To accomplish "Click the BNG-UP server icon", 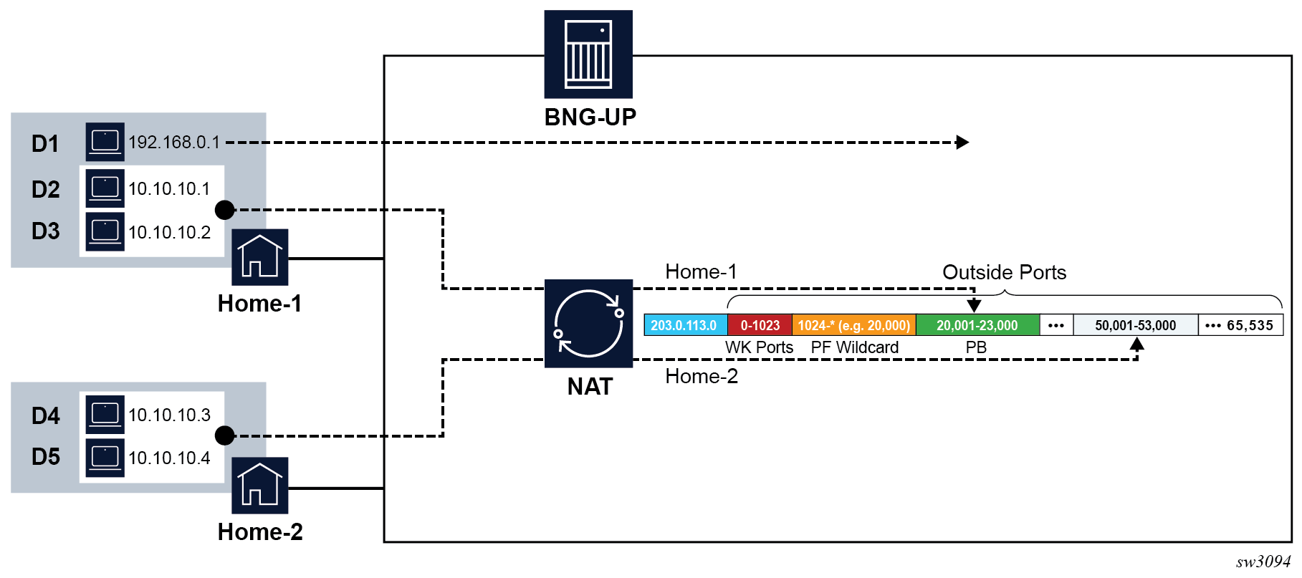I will (588, 54).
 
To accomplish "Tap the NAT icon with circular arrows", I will (588, 323).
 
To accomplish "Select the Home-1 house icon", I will (259, 257).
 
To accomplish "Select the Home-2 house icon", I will (259, 485).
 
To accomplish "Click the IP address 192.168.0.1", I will (174, 143).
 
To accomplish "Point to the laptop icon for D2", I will (105, 188).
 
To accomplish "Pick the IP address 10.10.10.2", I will (170, 232).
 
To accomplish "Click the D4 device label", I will (45, 415).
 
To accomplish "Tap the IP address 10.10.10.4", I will (170, 458).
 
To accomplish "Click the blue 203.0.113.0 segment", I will (684, 325).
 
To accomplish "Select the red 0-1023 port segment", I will (760, 325).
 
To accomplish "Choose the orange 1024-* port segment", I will (853, 325).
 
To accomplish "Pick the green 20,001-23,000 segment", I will (977, 325).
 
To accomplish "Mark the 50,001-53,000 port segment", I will (1135, 325).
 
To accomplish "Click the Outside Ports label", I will (1004, 272).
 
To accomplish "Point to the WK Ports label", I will (759, 347).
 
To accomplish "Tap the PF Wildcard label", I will (854, 347).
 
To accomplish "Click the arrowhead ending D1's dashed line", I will (963, 143).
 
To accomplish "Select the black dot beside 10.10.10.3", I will (225, 435).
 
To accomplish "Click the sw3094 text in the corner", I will (1263, 562).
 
